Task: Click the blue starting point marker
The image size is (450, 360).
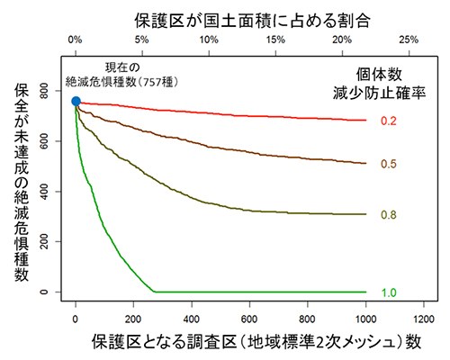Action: [76, 102]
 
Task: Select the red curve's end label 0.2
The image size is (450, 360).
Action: [390, 121]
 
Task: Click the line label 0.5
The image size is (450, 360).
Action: [390, 164]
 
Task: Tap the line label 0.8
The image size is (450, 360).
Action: [390, 214]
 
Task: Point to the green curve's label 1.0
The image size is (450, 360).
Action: [390, 292]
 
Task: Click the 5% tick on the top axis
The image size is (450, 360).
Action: [141, 40]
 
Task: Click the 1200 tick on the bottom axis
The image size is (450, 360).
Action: [421, 318]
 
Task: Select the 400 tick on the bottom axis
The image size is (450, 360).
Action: [192, 318]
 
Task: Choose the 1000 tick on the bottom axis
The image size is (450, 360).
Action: [364, 318]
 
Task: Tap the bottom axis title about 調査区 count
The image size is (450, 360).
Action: [254, 343]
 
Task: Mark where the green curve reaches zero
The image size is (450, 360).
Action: [155, 292]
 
